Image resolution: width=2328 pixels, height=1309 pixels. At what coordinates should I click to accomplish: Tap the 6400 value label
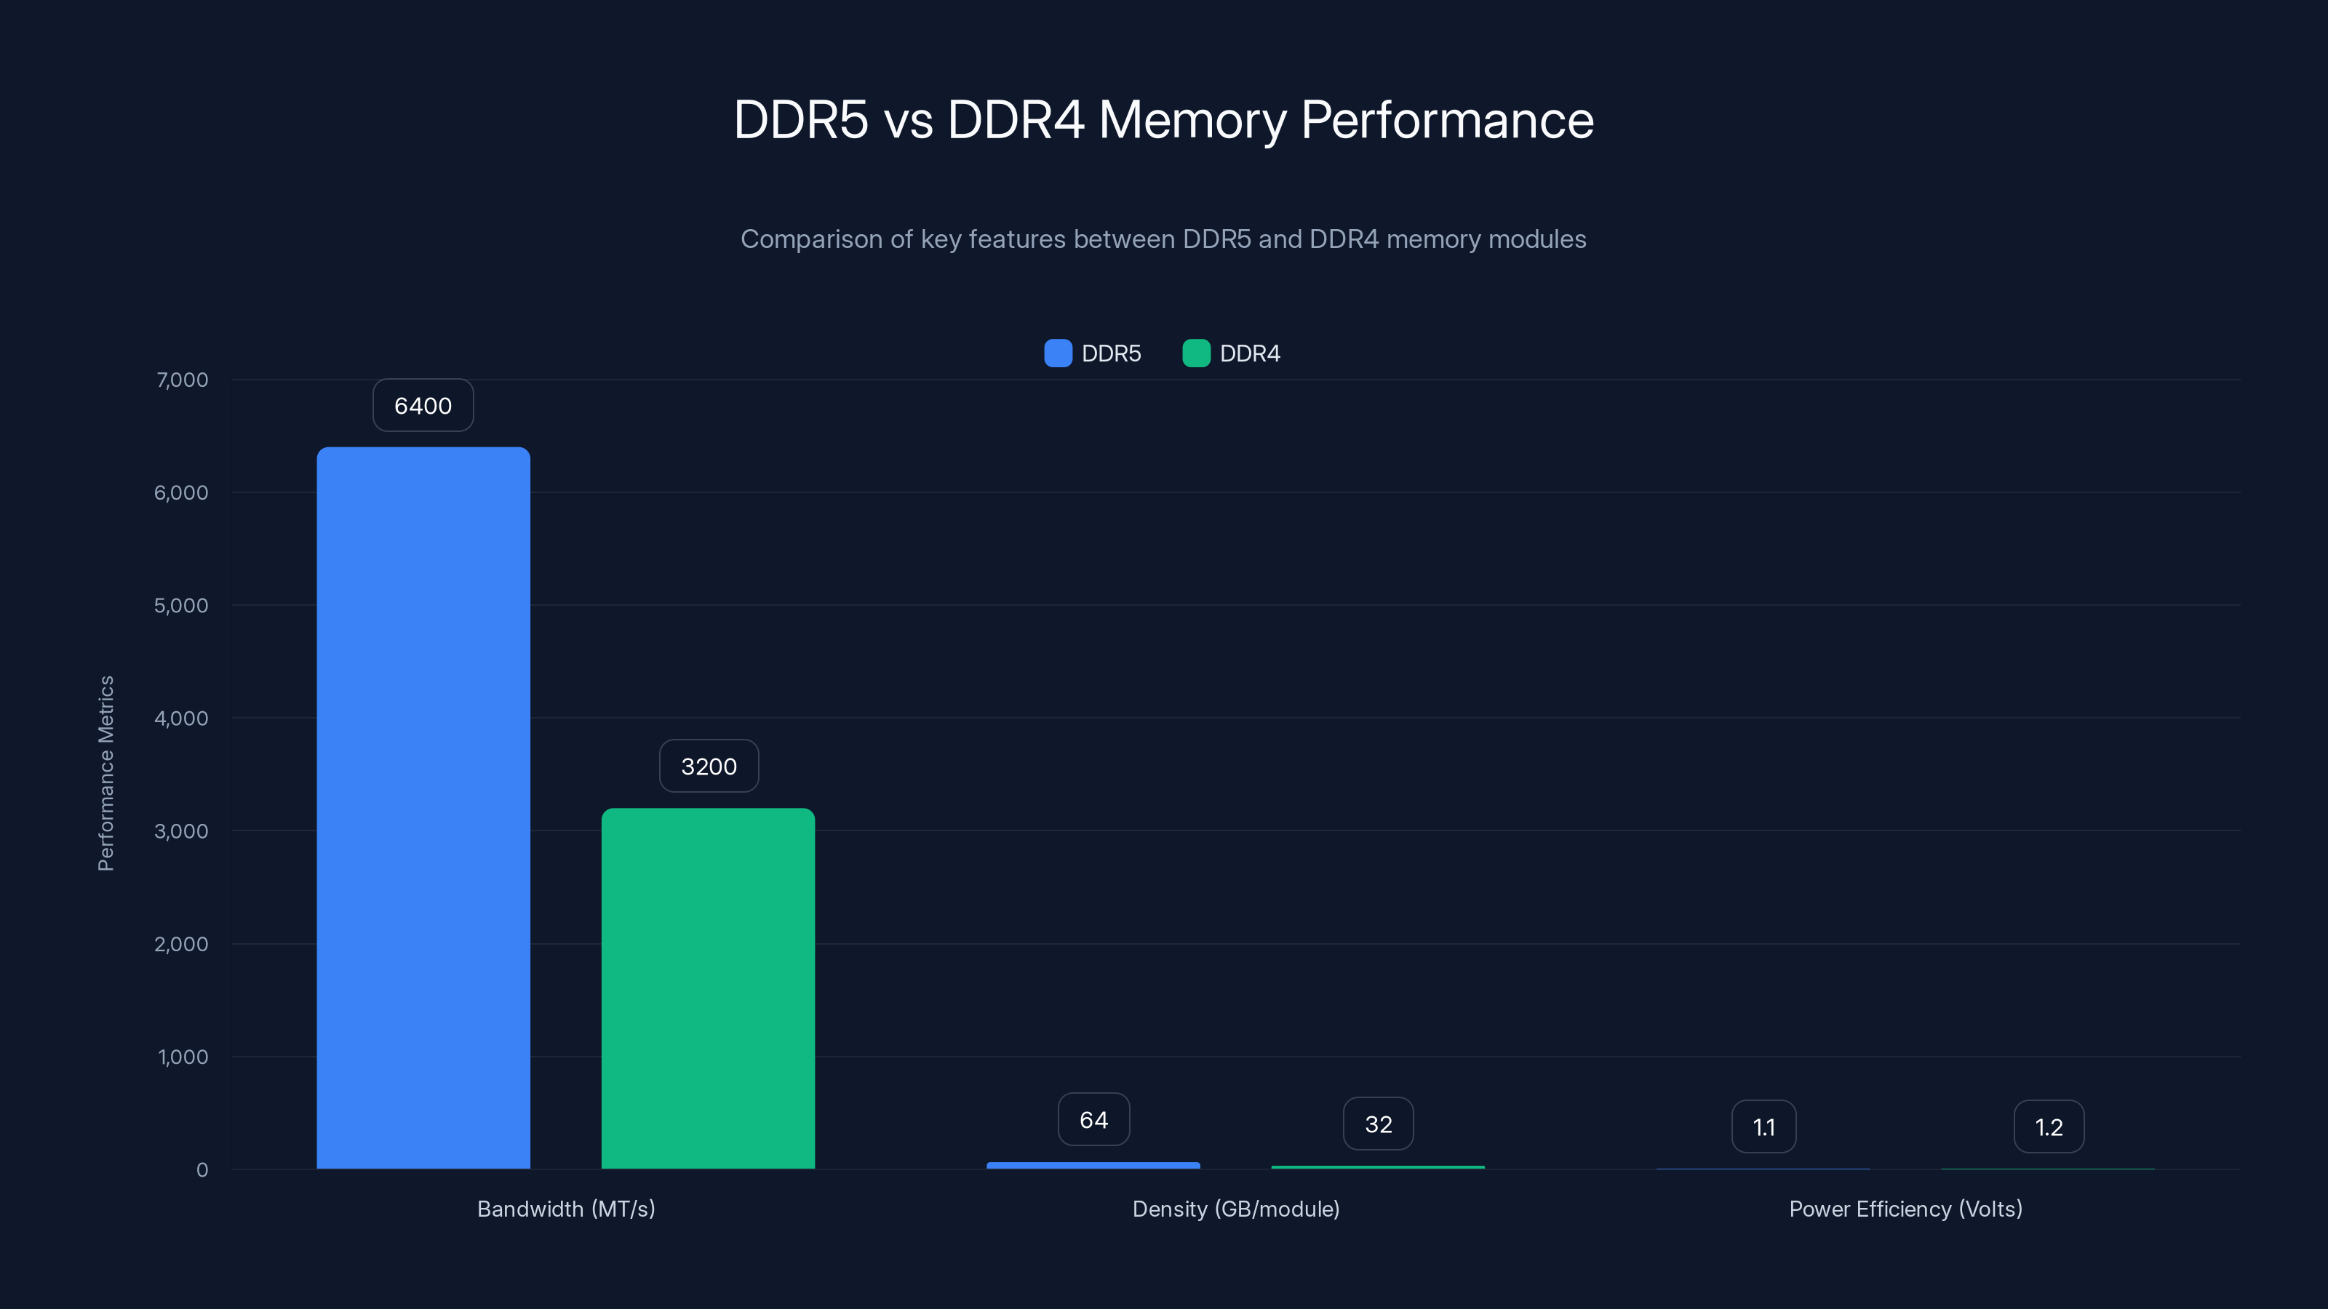coord(423,406)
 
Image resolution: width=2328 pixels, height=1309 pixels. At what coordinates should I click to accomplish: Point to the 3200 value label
coord(709,766)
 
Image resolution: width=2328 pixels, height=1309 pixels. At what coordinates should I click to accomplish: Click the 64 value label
coord(1093,1120)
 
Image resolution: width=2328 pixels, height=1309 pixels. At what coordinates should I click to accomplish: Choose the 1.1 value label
coord(1763,1126)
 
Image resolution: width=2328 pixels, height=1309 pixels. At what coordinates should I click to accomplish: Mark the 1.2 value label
coord(2049,1126)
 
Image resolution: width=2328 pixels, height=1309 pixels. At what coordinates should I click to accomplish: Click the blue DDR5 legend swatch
coord(1057,353)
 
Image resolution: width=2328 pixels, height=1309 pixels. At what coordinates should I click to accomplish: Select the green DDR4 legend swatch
coord(1195,353)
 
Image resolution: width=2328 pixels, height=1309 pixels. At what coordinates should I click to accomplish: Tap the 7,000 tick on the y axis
coord(182,380)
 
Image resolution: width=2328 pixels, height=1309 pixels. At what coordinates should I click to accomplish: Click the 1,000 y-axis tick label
coord(183,1057)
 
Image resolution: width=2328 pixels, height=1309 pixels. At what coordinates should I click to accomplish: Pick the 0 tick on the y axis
coord(202,1170)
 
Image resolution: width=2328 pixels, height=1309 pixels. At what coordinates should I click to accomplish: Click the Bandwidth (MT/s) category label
coord(566,1209)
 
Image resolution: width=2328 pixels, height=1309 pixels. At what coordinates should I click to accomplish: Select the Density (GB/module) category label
coord(1235,1209)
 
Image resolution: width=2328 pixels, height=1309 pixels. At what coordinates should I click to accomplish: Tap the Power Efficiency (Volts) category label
coord(1905,1209)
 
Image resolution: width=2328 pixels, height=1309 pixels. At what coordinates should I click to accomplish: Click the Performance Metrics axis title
coord(105,773)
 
